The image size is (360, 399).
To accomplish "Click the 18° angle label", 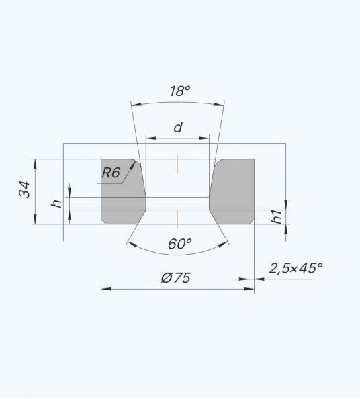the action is (x=180, y=91).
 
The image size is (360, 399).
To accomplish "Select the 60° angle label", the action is (x=179, y=244).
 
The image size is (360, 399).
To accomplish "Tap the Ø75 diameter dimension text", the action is (x=176, y=277).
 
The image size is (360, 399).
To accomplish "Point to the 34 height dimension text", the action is (x=24, y=189).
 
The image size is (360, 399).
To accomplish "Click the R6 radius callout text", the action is (x=111, y=173).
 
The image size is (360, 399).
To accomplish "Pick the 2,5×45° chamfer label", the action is (x=296, y=268).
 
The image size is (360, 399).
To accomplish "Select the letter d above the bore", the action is (x=178, y=127).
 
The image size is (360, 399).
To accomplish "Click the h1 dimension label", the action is (x=277, y=217).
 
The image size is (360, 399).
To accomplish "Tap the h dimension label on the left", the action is (x=56, y=204).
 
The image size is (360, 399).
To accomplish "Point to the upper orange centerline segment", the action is (x=177, y=164).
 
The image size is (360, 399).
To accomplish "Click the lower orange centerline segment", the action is (x=177, y=220).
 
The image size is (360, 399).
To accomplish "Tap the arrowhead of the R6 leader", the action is (x=132, y=166).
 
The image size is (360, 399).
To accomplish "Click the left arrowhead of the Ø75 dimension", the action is (x=106, y=289).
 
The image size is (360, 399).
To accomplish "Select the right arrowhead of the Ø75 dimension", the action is (x=249, y=289).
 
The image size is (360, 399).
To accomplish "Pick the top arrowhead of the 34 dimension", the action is (x=35, y=164).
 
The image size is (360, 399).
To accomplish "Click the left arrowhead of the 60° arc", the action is (x=132, y=245).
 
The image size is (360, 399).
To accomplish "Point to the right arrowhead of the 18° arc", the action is (x=218, y=104).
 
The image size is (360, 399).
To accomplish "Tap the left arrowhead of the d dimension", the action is (x=151, y=138).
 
